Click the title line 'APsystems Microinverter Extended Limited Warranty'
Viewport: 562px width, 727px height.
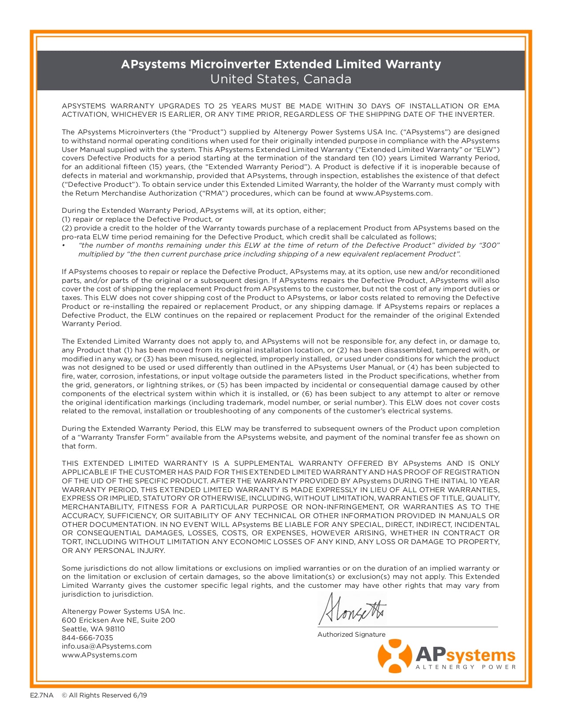pos(281,64)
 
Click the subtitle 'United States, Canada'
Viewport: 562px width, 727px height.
pos(281,79)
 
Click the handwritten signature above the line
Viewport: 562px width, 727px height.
pos(352,609)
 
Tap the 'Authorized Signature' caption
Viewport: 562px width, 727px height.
pos(351,634)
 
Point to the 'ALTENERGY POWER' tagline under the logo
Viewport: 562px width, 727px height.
pos(465,667)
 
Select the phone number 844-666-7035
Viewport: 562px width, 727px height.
pos(87,638)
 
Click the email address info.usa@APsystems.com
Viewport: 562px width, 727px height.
pos(106,646)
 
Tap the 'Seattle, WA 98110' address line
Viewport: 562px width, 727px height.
pos(93,629)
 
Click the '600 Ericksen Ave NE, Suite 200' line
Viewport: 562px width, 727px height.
pos(118,620)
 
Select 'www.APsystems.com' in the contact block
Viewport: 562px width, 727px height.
pos(99,655)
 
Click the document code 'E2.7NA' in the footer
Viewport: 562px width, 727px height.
pos(39,695)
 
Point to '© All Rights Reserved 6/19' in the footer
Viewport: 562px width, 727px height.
pos(104,695)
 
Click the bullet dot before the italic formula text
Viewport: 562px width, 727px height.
pos(63,245)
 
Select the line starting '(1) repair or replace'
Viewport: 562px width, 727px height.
pos(142,219)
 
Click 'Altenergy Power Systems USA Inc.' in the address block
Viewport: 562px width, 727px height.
pos(123,612)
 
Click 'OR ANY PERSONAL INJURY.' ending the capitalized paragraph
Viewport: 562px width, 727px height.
pos(113,551)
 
